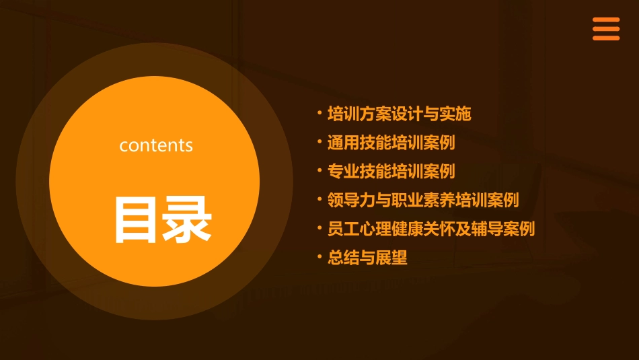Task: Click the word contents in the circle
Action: coord(156,145)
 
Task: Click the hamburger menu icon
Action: coord(606,30)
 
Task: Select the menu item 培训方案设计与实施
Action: coord(399,114)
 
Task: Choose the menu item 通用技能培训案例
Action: coord(391,143)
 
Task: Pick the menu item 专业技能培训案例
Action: coord(391,172)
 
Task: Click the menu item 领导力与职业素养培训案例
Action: coord(423,200)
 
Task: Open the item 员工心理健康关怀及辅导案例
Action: coord(431,229)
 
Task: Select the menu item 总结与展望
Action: coord(367,258)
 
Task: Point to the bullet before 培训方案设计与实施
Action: coord(319,113)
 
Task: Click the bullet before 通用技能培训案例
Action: coord(319,142)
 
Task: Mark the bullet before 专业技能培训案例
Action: coord(319,170)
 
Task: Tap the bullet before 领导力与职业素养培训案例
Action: coord(319,199)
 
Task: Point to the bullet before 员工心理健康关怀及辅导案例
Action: coord(319,227)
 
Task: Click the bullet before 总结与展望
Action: coord(319,256)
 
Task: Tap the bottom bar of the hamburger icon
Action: coord(606,38)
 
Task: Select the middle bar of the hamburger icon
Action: coord(606,30)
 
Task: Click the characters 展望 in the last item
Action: coord(391,258)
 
